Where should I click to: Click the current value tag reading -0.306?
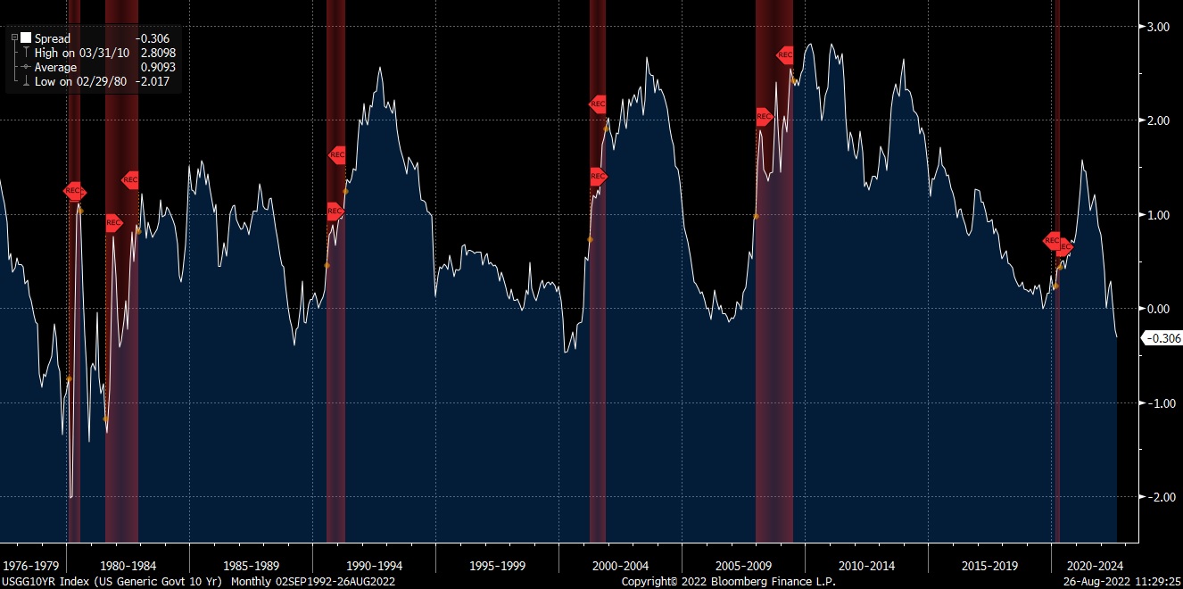coord(1162,337)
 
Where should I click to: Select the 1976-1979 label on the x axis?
coord(31,565)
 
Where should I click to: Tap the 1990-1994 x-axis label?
coord(374,565)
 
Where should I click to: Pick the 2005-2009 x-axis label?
coord(743,565)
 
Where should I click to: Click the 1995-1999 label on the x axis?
coord(497,565)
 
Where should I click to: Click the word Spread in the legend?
coord(53,38)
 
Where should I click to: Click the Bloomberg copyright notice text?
coord(729,581)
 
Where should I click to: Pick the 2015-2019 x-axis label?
coord(988,565)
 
